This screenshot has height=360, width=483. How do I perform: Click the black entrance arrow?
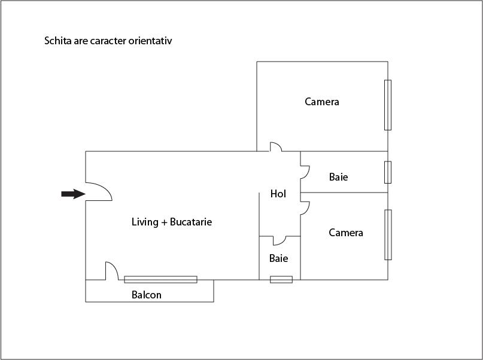[x=73, y=194]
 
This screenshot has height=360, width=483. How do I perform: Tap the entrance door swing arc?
[x=99, y=191]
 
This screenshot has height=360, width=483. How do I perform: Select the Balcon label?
[x=146, y=295]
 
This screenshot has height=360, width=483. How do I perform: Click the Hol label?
[x=278, y=194]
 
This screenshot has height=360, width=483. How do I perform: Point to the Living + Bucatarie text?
[x=172, y=222]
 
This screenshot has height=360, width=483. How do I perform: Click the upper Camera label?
[x=322, y=102]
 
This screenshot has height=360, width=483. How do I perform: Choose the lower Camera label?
[x=345, y=233]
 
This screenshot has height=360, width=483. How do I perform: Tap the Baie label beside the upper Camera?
[x=339, y=177]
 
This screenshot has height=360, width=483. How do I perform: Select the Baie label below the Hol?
[x=278, y=258]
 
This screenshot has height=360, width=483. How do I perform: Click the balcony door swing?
[x=112, y=271]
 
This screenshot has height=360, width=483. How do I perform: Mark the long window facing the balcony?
[x=160, y=279]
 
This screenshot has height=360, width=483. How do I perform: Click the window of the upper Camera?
[x=388, y=105]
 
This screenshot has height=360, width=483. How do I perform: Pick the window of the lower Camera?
[x=388, y=235]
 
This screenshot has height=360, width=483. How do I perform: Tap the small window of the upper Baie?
[x=388, y=172]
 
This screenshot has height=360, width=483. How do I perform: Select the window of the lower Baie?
[x=281, y=279]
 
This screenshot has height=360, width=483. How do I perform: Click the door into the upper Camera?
[x=276, y=147]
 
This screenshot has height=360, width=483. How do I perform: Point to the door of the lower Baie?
[x=280, y=240]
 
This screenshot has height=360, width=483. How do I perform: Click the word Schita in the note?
[x=57, y=41]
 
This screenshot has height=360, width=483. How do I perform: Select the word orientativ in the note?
[x=150, y=41]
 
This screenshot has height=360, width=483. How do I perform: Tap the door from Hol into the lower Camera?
[x=305, y=208]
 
